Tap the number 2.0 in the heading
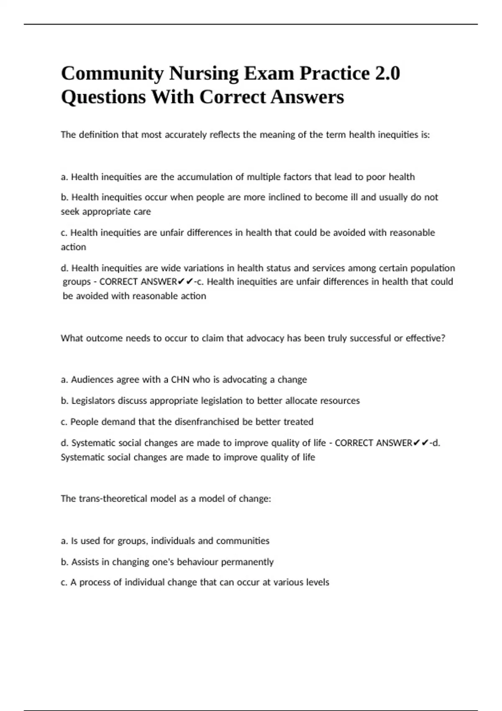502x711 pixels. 387,74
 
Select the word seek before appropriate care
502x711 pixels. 70,212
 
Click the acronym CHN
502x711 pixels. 180,380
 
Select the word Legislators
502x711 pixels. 93,401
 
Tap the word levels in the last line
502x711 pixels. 318,582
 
